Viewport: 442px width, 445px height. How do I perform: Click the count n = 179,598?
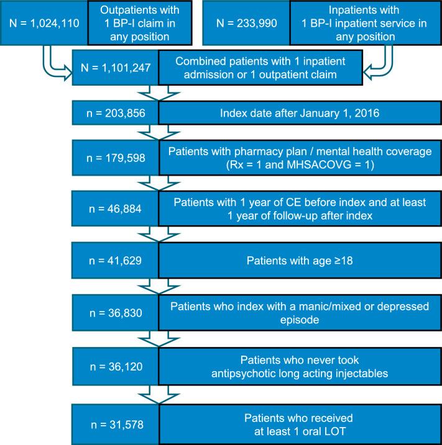click(117, 159)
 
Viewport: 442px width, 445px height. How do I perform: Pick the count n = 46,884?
click(117, 209)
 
